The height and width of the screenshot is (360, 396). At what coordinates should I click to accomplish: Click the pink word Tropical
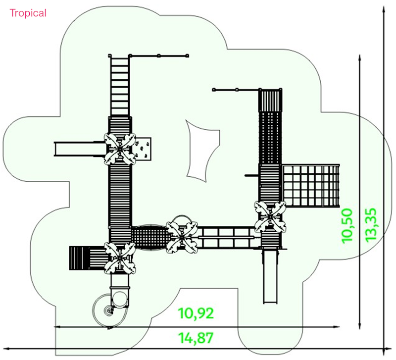click(28, 13)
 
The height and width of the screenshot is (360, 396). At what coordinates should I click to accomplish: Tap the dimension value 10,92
click(196, 313)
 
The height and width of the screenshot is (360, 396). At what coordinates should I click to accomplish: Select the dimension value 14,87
click(196, 338)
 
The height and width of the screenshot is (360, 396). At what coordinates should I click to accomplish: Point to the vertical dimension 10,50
click(347, 226)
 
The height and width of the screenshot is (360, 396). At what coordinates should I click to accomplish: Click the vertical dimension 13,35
click(371, 225)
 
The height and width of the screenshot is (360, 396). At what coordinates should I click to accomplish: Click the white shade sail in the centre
click(202, 151)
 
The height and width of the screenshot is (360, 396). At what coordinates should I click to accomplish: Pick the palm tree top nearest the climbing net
click(270, 216)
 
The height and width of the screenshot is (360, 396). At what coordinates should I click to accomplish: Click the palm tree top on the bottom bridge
click(182, 237)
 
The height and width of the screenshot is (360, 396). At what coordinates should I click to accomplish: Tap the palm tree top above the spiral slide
click(120, 258)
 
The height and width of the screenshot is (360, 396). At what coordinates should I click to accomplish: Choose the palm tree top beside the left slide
click(120, 150)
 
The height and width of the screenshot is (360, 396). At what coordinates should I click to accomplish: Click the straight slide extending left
click(80, 149)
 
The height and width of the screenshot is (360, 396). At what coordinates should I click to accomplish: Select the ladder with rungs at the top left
click(119, 86)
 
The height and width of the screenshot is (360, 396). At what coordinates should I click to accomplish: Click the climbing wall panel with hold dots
click(143, 149)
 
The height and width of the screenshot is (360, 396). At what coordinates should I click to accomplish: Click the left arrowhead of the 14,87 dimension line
click(4, 349)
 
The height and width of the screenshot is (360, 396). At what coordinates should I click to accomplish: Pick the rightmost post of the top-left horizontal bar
click(187, 55)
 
